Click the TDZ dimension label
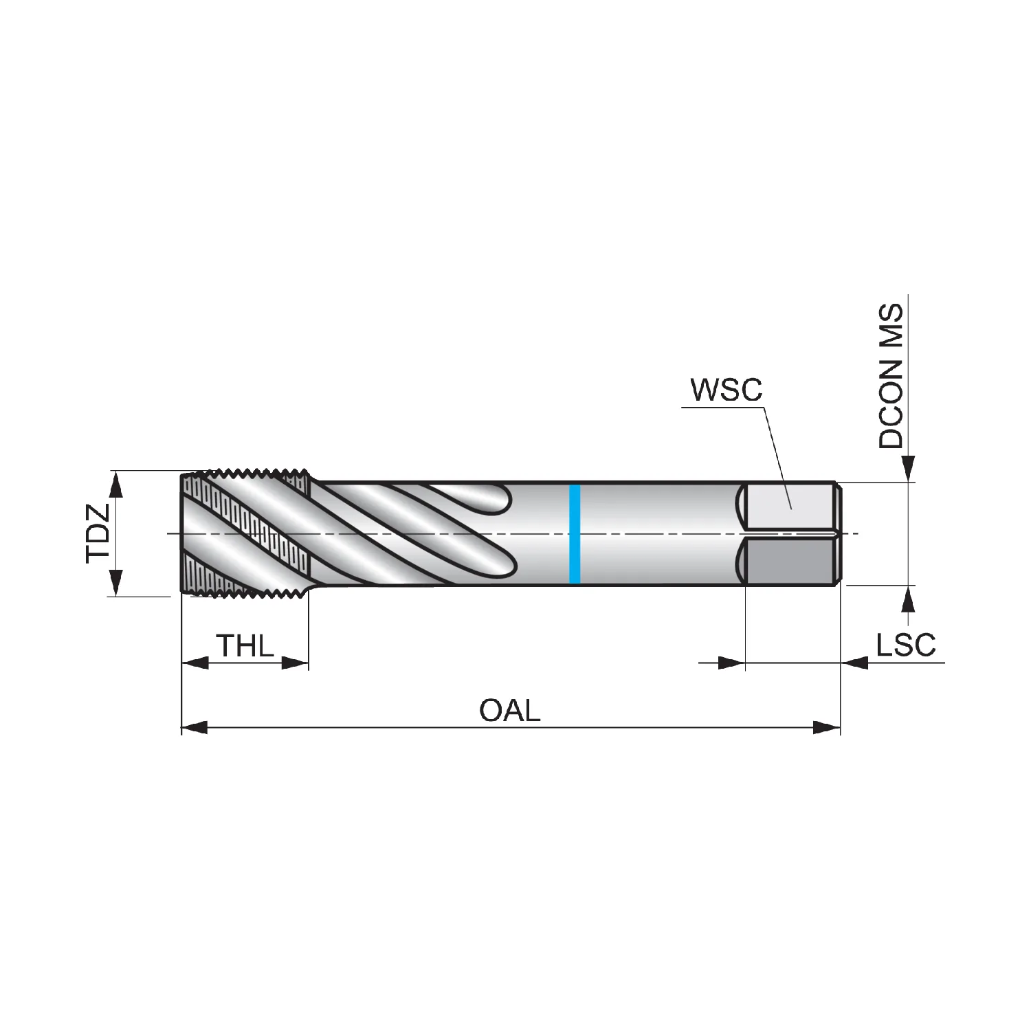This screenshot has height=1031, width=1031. tap(98, 533)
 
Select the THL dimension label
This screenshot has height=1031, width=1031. tap(245, 645)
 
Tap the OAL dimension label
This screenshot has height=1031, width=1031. tap(510, 710)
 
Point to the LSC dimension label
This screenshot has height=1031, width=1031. tap(906, 645)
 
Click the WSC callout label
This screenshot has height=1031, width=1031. tap(727, 390)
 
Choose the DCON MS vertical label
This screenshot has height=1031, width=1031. tap(891, 377)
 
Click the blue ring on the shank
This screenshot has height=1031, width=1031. tap(575, 534)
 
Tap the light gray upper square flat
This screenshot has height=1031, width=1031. tap(790, 507)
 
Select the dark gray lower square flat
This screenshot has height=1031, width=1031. tap(790, 562)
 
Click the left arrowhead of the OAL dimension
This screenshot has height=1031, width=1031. tap(195, 727)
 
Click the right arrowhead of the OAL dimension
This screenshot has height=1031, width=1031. tap(827, 727)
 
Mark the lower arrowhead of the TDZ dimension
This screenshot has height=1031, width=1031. tap(116, 583)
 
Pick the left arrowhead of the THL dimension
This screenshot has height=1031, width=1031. tap(195, 663)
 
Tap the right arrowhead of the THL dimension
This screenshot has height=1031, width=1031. tap(296, 663)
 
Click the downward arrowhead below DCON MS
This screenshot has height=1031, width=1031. tap(909, 469)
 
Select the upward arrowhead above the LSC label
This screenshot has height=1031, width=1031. tap(909, 599)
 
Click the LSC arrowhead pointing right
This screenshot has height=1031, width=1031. tap(731, 663)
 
